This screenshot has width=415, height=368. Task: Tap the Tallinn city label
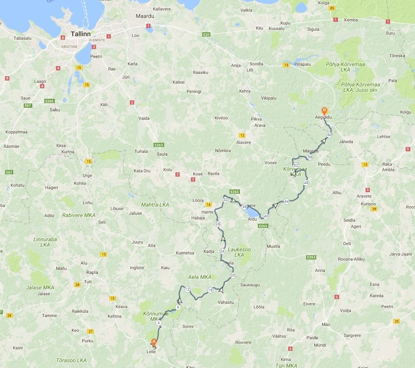pyautogui.click(x=81, y=34)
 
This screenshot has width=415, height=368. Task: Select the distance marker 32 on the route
pyautogui.click(x=226, y=200)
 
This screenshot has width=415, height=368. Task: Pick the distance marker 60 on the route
pyautogui.click(x=329, y=135)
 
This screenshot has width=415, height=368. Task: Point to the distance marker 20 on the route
pyautogui.click(x=233, y=275)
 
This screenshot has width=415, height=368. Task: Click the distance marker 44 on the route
pyautogui.click(x=287, y=201)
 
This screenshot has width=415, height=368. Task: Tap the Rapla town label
pyautogui.click(x=92, y=272)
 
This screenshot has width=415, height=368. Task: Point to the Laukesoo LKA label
pyautogui.click(x=239, y=252)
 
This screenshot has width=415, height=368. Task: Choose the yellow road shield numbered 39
pyautogui.click(x=374, y=209)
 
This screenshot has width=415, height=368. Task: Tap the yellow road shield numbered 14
pyautogui.click(x=209, y=205)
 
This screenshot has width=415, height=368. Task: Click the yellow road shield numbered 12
pyautogui.click(x=242, y=135)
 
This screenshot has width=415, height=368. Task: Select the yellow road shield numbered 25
pyautogui.click(x=396, y=321)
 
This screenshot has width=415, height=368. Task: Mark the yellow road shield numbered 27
pyautogui.click(x=90, y=331)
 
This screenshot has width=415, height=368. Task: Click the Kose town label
pyautogui.click(x=198, y=174)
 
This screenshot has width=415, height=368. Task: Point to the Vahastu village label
pyautogui.click(x=226, y=302)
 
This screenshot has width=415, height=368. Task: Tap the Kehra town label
pyautogui.click(x=245, y=91)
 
